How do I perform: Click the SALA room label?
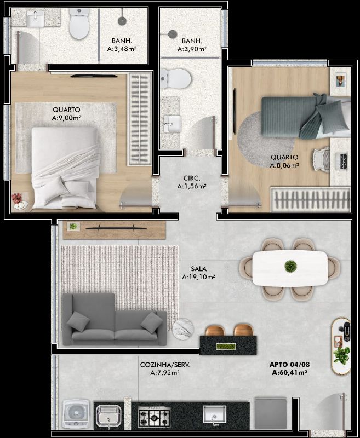click(199, 269)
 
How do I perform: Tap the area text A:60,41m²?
click(289, 372)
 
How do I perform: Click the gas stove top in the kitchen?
click(155, 417)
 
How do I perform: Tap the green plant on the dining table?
click(290, 266)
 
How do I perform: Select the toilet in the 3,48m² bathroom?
click(79, 23)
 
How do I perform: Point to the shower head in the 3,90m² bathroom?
click(173, 34)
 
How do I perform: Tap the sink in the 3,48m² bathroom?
click(35, 19)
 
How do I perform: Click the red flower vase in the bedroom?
click(18, 198)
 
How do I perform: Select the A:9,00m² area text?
click(66, 118)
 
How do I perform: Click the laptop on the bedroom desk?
click(342, 160)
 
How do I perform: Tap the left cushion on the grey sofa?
click(78, 321)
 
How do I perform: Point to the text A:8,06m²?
click(284, 165)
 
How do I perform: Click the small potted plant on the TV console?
click(73, 226)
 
